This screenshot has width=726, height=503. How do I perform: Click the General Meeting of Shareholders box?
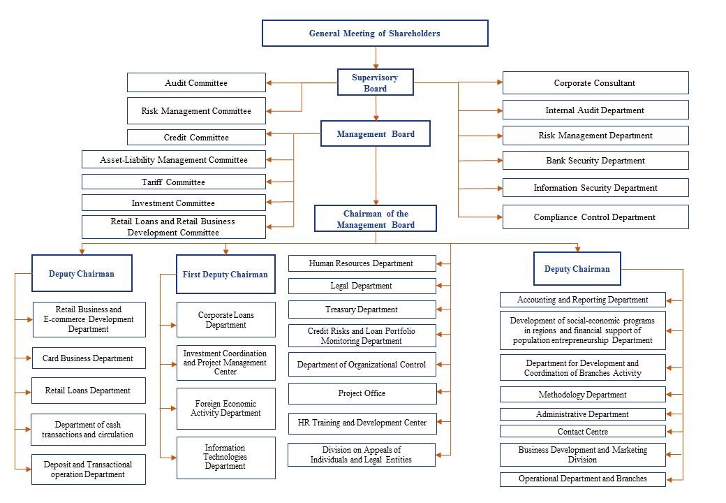coord(375,34)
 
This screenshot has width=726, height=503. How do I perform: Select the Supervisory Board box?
coord(376,82)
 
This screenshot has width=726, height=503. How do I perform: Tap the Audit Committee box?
coord(196,83)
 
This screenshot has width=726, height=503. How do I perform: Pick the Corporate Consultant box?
coord(595,83)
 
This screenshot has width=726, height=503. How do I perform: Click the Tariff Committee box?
coord(174,182)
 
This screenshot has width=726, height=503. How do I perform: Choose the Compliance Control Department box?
coord(595,217)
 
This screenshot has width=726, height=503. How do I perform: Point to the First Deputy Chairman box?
coord(225,274)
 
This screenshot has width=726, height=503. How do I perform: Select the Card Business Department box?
coord(89,358)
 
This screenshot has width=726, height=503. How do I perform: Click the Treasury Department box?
coord(362,309)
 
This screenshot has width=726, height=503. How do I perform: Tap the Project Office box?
coord(362,393)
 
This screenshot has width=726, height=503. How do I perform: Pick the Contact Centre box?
coord(583,432)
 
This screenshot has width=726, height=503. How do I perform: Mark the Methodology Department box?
coord(583,395)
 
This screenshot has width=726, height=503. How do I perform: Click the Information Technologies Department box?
coord(226,458)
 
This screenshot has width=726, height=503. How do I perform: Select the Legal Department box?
coord(362,286)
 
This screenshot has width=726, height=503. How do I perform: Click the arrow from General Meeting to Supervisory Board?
coord(376,58)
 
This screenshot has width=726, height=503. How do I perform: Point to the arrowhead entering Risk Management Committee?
coord(269,111)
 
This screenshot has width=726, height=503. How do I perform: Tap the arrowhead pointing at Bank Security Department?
coord(500,161)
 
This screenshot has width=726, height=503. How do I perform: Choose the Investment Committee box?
coord(174,203)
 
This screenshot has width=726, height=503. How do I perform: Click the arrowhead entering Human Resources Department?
coord(439,263)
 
